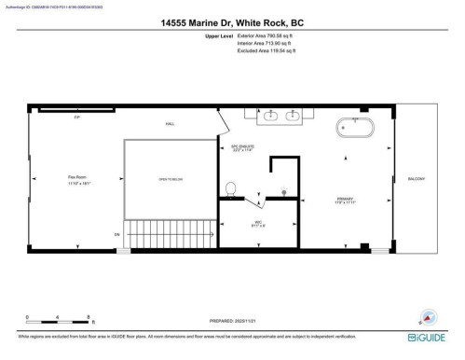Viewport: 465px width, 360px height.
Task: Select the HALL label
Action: click(171, 123)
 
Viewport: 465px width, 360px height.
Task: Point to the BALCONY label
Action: click(416, 178)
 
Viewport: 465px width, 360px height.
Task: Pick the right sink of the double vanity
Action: click(293, 115)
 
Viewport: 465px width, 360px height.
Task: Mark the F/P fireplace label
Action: click(65, 118)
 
